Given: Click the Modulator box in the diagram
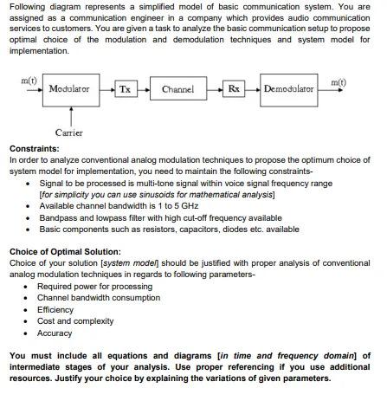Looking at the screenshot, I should pos(68,89).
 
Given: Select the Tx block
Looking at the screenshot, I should pos(126,89).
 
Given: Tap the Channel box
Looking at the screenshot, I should pos(177,89).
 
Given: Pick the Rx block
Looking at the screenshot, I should pos(233,89).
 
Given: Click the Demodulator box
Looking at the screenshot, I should pos(288,89).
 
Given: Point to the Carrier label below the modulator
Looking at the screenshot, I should pos(68,133).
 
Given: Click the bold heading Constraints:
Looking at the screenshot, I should pos(34,148).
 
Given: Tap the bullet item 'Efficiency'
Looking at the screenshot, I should pos(55,309).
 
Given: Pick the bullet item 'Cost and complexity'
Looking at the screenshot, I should pos(75,320).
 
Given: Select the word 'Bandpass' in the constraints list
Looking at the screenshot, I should pos(57,217).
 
